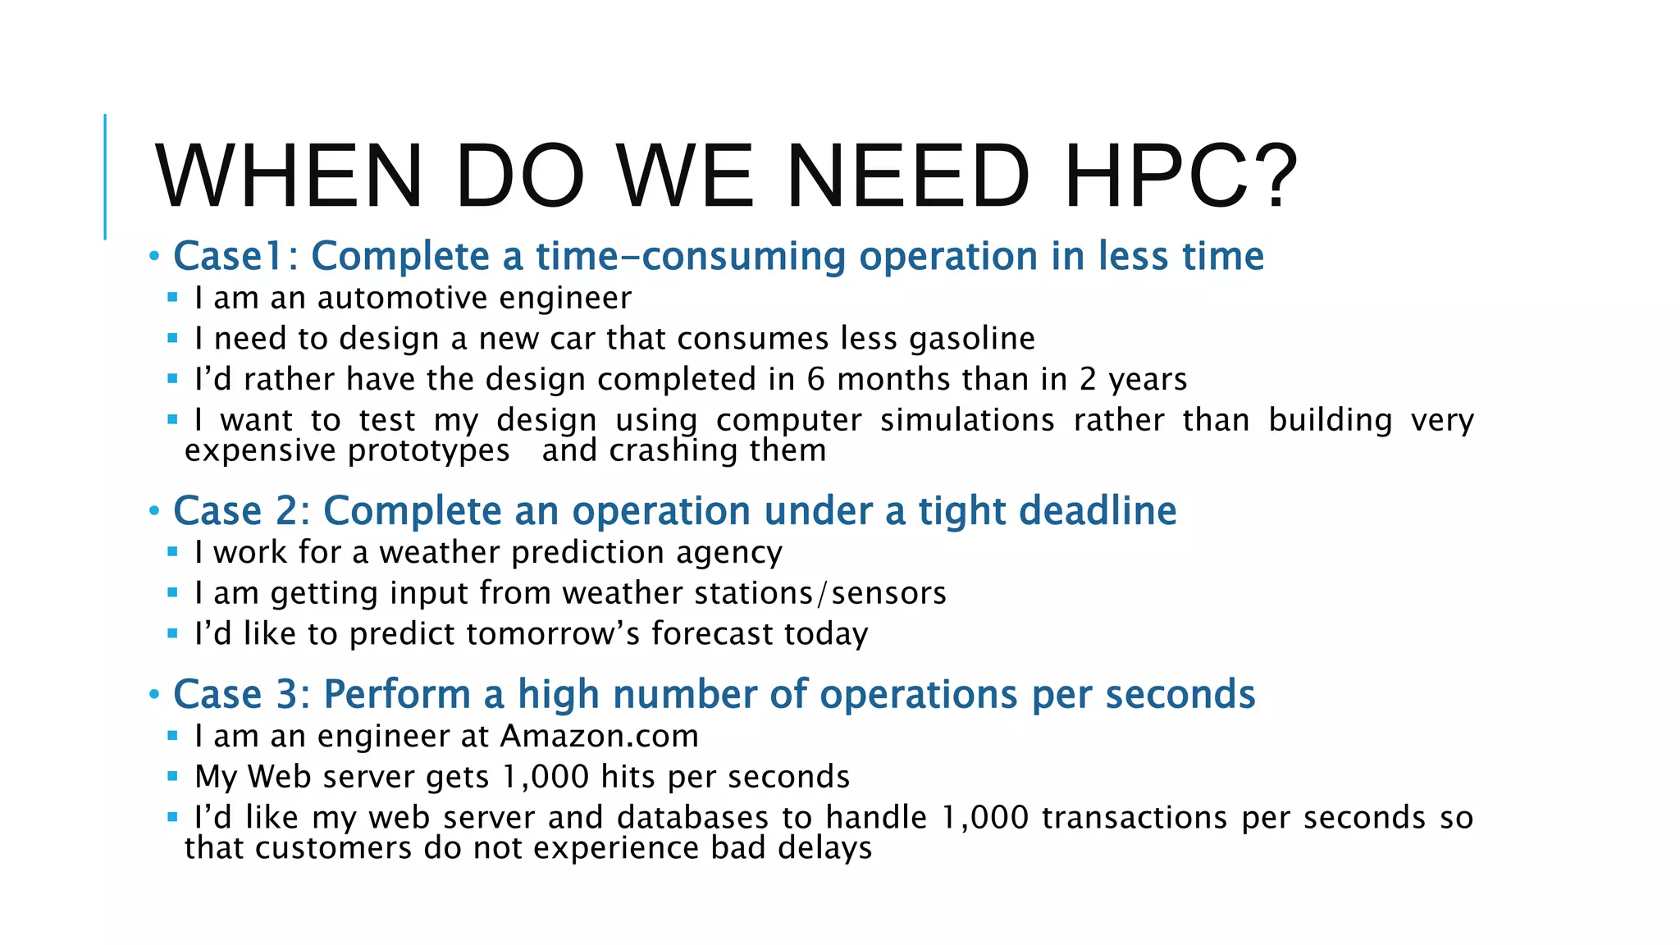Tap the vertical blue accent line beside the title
[x=105, y=176]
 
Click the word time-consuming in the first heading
[x=691, y=256]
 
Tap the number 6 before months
[x=815, y=380]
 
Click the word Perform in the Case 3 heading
[x=397, y=695]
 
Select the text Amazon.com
[x=600, y=736]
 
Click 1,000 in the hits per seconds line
[x=546, y=777]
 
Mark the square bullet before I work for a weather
[x=172, y=552]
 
